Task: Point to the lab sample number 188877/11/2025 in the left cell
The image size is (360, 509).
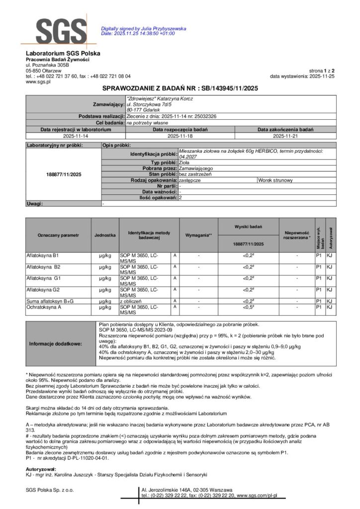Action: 63,175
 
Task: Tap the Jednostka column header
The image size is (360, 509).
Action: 105,235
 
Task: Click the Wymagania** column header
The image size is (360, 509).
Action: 198,235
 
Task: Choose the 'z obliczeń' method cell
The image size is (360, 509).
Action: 131,301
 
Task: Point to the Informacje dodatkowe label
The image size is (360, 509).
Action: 55,343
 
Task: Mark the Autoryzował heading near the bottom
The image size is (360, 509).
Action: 41,468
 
